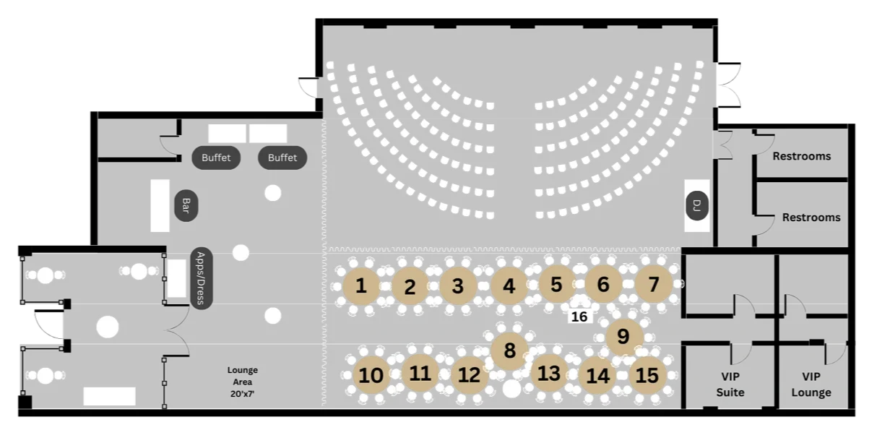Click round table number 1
[x=361, y=286]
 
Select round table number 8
[x=510, y=351]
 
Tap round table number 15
[x=647, y=375]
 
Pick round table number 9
[x=623, y=336]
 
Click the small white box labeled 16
[x=579, y=317]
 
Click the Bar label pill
[x=186, y=206]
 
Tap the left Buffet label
[x=216, y=158]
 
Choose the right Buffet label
[x=282, y=158]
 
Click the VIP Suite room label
[x=730, y=384]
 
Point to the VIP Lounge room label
[x=811, y=384]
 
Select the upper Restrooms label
[x=801, y=156]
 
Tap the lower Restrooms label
[x=811, y=217]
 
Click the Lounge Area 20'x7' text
[x=242, y=382]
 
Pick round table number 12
[x=469, y=375]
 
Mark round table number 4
[x=509, y=287]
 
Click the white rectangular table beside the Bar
[x=160, y=206]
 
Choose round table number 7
[x=654, y=284]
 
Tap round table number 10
[x=371, y=375]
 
